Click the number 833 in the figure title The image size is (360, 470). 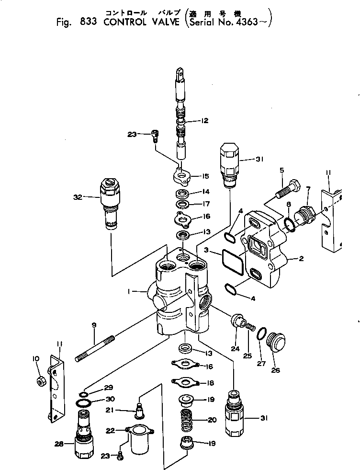click(90, 22)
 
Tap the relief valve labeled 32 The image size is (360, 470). click(110, 203)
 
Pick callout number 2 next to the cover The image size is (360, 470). click(301, 259)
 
